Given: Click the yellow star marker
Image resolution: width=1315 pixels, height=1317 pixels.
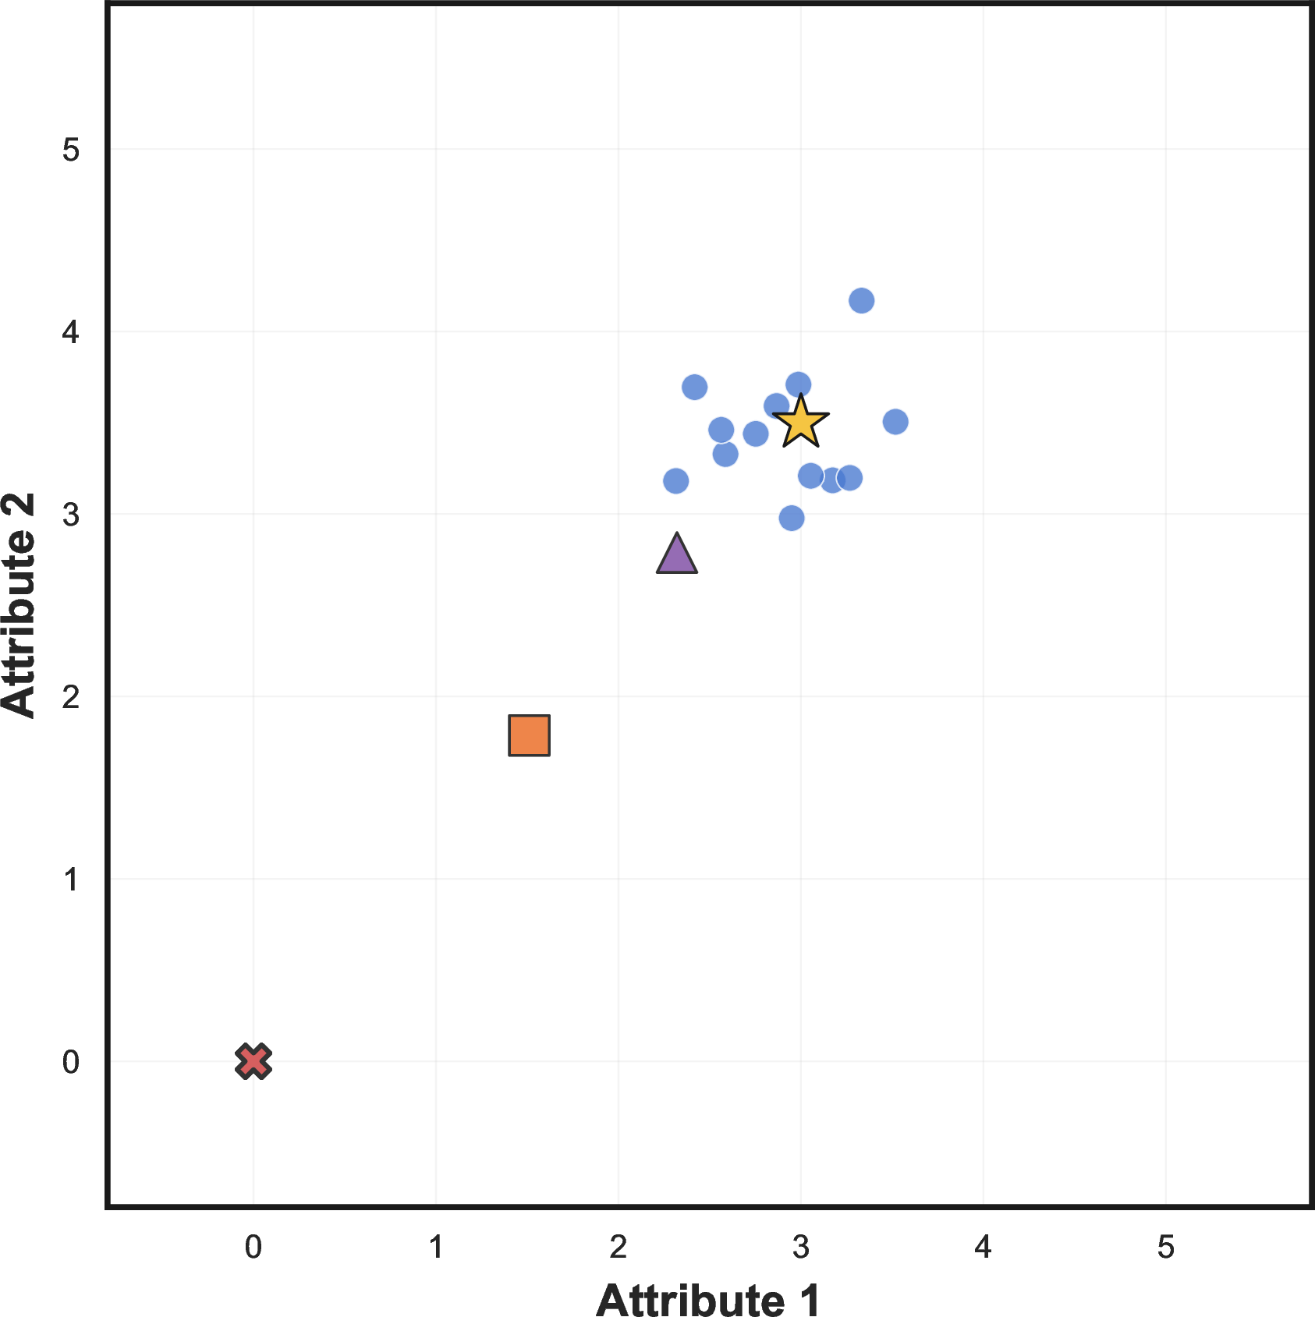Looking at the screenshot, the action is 800,423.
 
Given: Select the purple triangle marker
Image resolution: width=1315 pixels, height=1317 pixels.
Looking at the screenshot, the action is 677,555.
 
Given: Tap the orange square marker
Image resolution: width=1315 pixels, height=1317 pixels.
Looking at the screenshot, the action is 530,735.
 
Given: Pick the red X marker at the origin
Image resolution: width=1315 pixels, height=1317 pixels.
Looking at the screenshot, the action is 253,1061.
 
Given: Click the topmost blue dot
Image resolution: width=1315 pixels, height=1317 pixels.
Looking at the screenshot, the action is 861,300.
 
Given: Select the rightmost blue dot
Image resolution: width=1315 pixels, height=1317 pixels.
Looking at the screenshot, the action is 895,422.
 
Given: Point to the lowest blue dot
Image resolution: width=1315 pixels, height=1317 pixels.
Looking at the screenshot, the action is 792,518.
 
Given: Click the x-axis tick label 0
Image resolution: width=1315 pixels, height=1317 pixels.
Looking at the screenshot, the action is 253,1248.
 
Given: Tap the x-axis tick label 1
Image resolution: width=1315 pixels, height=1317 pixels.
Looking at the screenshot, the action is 436,1248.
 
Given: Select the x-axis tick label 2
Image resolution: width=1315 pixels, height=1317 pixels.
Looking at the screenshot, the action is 619,1248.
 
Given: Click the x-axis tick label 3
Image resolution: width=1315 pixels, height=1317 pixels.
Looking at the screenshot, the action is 801,1248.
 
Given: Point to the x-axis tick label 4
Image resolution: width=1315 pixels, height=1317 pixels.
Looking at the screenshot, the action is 984,1248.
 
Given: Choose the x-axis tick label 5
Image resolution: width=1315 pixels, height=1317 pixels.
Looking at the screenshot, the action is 1166,1248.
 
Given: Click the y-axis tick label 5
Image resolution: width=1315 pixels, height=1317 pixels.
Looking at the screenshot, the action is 71,150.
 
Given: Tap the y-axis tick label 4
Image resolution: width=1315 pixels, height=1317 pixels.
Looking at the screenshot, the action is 71,332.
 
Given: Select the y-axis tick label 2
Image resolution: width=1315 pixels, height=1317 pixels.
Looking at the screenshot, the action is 71,697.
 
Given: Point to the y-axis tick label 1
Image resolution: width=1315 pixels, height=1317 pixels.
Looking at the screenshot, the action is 71,880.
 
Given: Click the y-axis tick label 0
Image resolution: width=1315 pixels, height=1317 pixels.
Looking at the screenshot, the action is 71,1062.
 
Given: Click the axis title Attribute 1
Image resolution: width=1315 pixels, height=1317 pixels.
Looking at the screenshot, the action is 709,1300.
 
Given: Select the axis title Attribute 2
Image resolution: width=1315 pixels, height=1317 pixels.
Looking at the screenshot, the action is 19,605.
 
